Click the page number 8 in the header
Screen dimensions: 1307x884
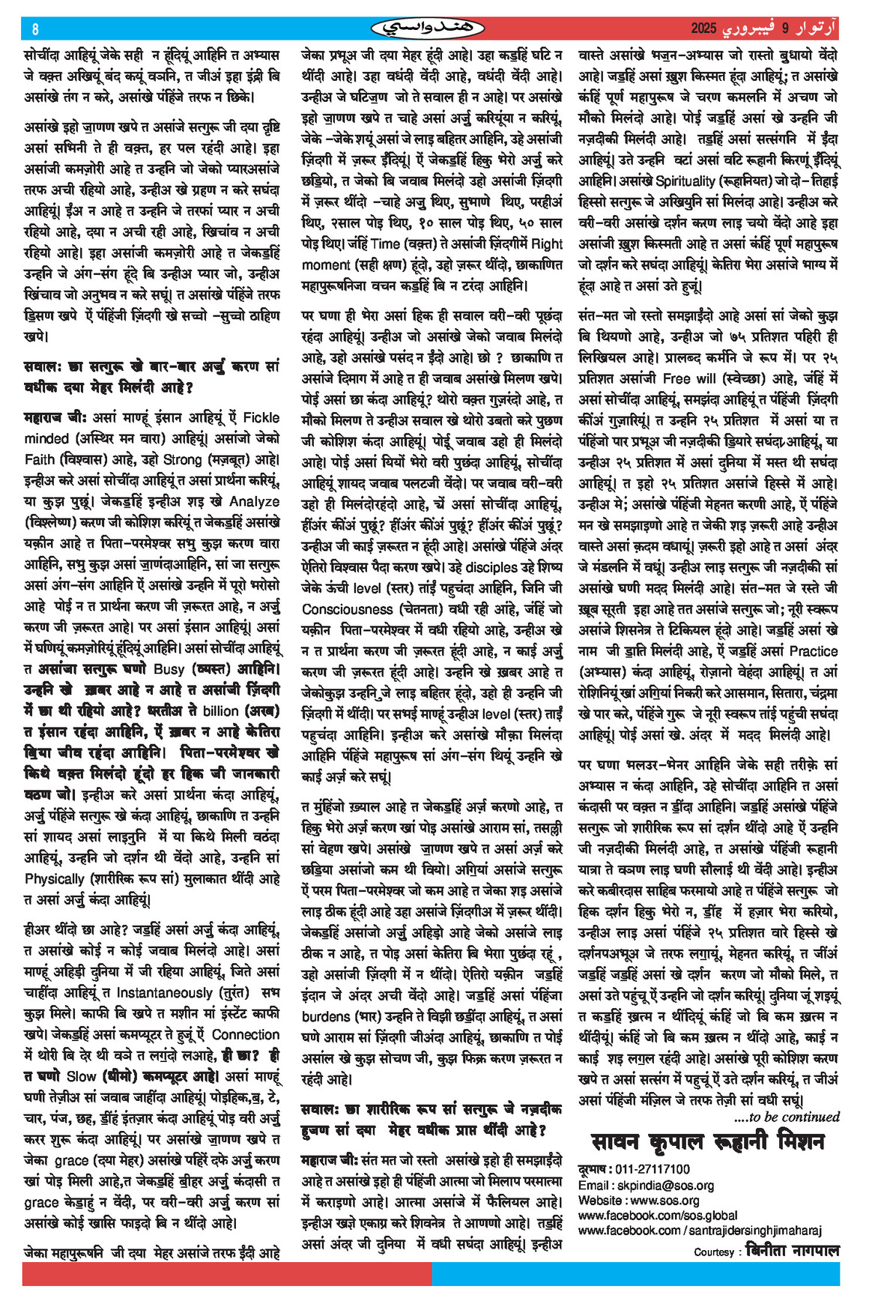coord(34,29)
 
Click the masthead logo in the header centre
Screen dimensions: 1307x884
coord(428,28)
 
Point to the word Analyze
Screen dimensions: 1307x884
coord(254,501)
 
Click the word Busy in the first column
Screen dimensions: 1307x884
coord(169,668)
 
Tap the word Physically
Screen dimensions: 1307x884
coord(54,878)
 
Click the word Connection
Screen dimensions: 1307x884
coord(246,1034)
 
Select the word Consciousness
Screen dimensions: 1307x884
coord(348,609)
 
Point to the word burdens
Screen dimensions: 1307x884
coord(328,1017)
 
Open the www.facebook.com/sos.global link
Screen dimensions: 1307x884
coord(658,1215)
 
